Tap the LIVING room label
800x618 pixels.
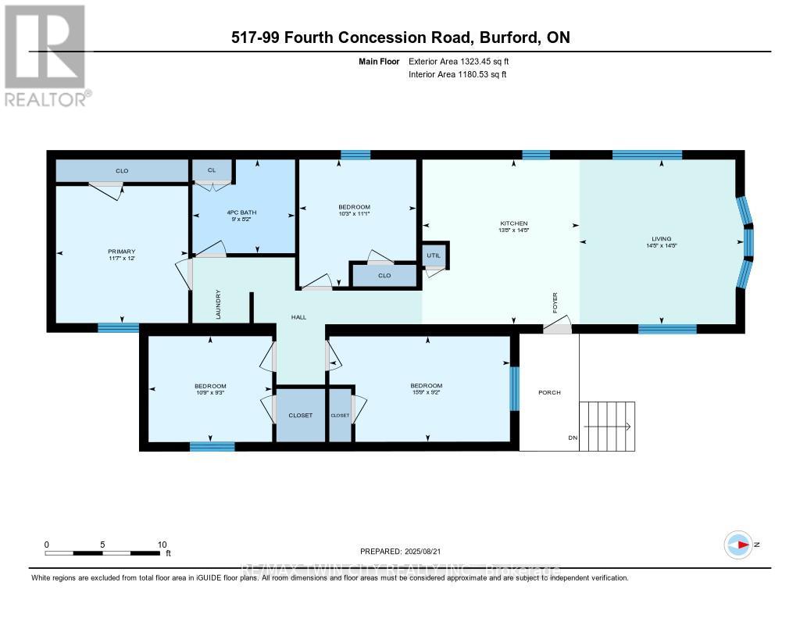tap(662, 238)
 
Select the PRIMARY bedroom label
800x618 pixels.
tap(121, 252)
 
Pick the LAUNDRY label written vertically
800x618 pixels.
tap(219, 305)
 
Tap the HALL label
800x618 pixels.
tap(299, 317)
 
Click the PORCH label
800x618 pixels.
tap(549, 392)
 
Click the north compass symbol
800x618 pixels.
tap(738, 544)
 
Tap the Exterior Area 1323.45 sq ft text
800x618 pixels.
tap(459, 61)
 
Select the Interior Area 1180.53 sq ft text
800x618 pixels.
tap(457, 74)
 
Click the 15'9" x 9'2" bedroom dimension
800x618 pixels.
tap(426, 395)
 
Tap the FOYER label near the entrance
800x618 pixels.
tap(555, 302)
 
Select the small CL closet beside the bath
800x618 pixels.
tap(212, 170)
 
